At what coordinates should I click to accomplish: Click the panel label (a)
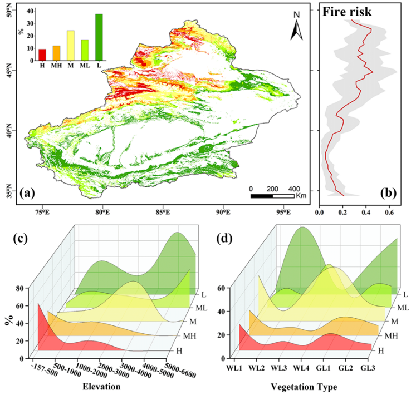[x=27, y=194]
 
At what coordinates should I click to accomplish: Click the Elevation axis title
[x=101, y=386]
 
